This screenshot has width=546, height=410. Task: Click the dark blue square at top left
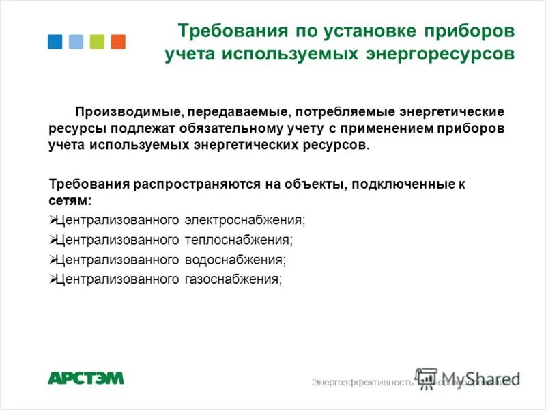pyautogui.click(x=55, y=42)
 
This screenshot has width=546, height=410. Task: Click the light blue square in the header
pyautogui.click(x=76, y=42)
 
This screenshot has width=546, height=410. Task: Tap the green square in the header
pyautogui.click(x=97, y=42)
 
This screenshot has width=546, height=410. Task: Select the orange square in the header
pyautogui.click(x=118, y=42)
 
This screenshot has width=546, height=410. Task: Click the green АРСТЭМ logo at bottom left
pyautogui.click(x=86, y=378)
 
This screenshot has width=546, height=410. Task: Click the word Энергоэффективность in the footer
pyautogui.click(x=362, y=382)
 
